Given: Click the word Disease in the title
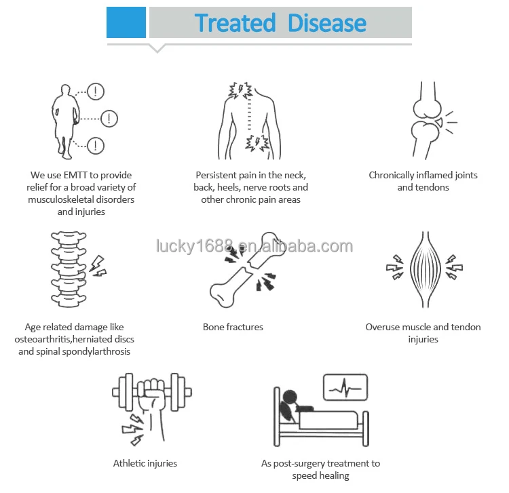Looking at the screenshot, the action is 327,23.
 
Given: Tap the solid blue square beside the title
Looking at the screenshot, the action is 126,22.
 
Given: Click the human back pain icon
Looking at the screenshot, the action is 250,120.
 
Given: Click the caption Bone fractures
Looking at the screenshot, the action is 233,327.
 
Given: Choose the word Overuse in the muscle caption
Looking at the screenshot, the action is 383,327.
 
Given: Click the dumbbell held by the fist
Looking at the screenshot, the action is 152,391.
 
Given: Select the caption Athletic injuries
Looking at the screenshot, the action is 145,463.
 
